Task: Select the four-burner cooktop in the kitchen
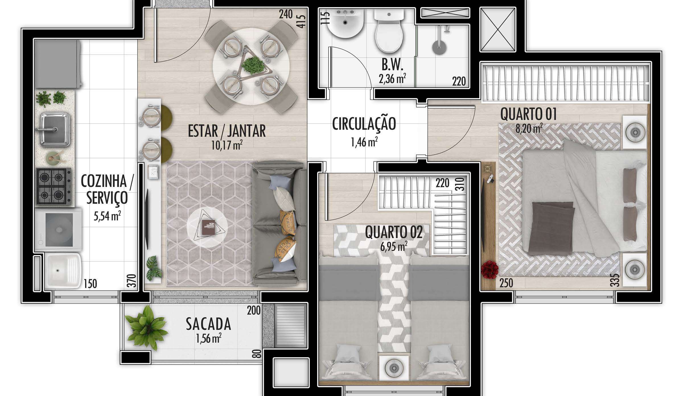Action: tap(54, 186)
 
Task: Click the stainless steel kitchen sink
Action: tap(55, 129)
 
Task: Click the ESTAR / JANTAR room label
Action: tap(227, 131)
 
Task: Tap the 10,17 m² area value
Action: tap(227, 145)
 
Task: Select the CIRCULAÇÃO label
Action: tap(364, 124)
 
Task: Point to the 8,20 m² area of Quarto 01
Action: tap(529, 128)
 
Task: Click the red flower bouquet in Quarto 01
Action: tap(490, 269)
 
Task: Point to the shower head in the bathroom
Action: tap(439, 47)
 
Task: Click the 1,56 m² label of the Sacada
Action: tap(209, 338)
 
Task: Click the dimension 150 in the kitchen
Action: tap(90, 284)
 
